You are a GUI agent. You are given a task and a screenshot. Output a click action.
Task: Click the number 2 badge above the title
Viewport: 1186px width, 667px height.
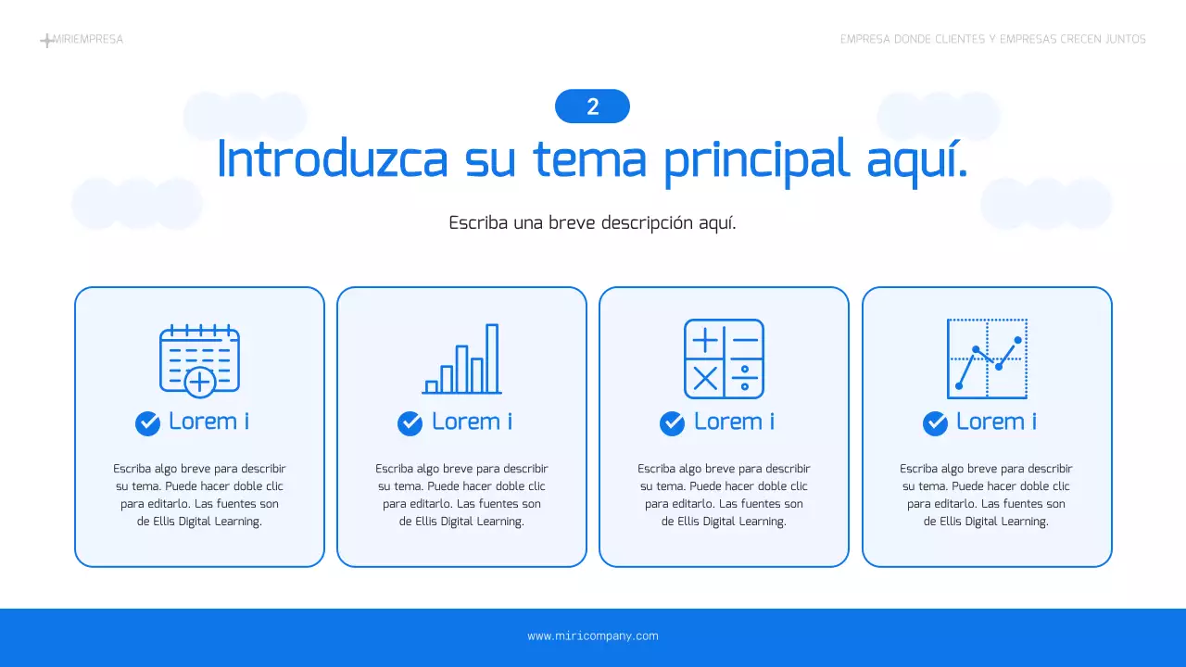pos(592,107)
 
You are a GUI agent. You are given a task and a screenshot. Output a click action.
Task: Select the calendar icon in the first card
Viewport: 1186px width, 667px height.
pos(199,359)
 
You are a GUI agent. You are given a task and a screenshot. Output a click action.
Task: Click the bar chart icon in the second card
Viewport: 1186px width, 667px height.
pos(461,359)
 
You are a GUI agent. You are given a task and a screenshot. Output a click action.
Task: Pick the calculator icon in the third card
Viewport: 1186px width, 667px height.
pos(724,359)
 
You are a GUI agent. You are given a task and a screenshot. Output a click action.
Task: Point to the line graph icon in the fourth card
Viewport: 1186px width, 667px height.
pos(987,359)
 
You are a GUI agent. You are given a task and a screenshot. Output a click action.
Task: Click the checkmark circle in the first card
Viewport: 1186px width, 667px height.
pos(148,423)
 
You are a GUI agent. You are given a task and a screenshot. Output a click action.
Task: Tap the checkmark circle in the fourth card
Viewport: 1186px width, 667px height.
pos(935,423)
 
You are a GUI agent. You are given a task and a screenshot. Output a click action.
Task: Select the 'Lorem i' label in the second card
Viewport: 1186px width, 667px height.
pos(472,422)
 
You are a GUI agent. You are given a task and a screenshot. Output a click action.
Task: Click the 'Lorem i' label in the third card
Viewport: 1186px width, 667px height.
pos(734,422)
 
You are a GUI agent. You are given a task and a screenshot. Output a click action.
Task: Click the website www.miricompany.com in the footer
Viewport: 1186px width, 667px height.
pos(593,636)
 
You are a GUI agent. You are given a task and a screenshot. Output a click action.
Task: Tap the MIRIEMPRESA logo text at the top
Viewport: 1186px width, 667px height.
pos(88,40)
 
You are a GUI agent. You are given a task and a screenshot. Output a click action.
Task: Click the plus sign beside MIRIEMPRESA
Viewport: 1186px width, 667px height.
pos(47,41)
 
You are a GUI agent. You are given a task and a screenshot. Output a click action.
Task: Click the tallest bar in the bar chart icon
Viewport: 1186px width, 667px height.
pos(492,359)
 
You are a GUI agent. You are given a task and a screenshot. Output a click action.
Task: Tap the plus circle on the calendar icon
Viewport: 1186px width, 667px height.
pos(200,381)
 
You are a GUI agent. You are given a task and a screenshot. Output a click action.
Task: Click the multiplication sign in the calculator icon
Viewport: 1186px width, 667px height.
pos(705,378)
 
